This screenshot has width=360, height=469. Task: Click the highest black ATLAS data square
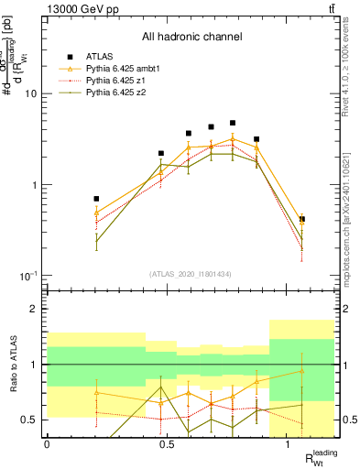(233, 123)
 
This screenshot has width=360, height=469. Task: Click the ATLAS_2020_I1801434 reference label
(191, 273)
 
